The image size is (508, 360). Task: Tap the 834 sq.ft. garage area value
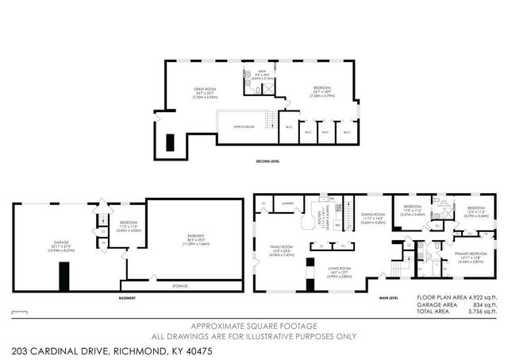coord(482,305)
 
